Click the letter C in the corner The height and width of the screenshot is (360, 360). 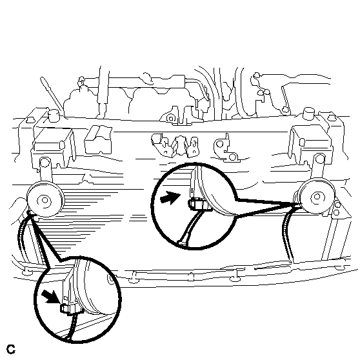pyautogui.click(x=10, y=349)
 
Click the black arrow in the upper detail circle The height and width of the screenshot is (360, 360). pyautogui.click(x=170, y=197)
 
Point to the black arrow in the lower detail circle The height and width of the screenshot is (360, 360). pyautogui.click(x=52, y=296)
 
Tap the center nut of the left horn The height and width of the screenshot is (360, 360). pyautogui.click(x=45, y=200)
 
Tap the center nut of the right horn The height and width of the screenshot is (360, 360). pyautogui.click(x=317, y=197)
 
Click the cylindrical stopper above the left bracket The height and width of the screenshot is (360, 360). pyautogui.click(x=54, y=115)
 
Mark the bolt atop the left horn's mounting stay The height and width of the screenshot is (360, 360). pyautogui.click(x=45, y=162)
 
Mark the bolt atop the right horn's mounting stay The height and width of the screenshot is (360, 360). pyautogui.click(x=319, y=159)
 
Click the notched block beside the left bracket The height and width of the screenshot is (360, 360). pyautogui.click(x=98, y=139)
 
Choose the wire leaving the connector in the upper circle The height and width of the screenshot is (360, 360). pyautogui.click(x=190, y=228)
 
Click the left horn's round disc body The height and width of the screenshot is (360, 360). pyautogui.click(x=46, y=199)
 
